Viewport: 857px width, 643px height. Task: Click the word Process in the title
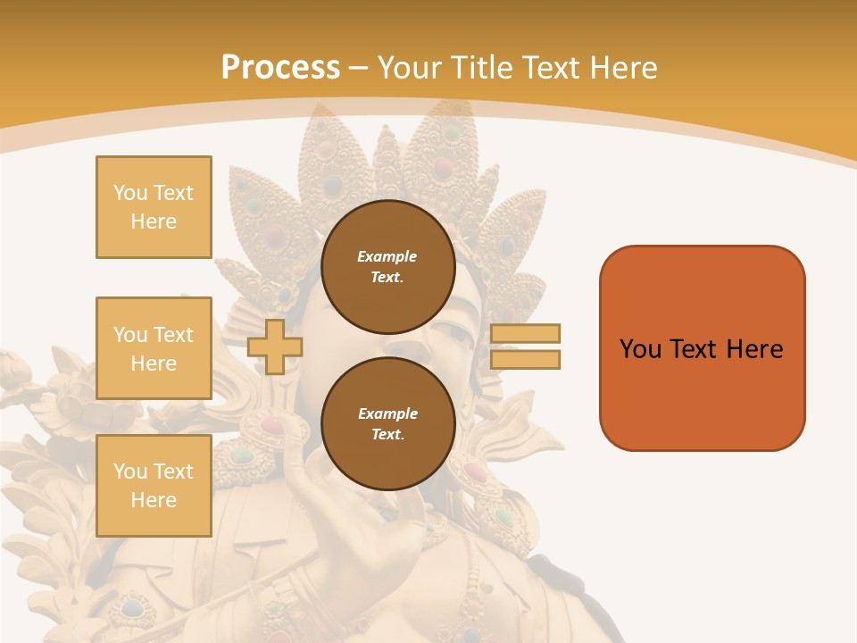(280, 68)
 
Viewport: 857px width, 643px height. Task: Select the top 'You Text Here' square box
(154, 207)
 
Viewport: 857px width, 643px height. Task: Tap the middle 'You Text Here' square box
(154, 348)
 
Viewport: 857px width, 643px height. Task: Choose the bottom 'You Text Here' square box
(154, 486)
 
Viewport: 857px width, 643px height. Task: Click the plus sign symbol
(274, 347)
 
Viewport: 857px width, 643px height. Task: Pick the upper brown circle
(387, 266)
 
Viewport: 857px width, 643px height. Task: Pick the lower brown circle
(387, 423)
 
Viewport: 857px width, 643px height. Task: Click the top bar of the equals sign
(525, 333)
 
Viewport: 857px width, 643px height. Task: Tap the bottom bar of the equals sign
(525, 359)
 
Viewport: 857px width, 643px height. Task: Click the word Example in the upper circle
(387, 256)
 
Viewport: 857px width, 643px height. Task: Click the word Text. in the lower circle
(387, 434)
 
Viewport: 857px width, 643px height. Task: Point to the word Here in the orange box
(754, 349)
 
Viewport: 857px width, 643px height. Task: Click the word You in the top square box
(130, 193)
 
